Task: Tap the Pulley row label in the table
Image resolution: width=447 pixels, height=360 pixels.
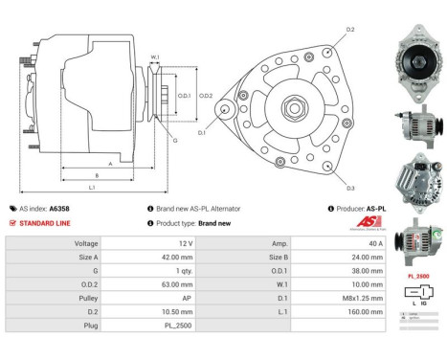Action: (87, 298)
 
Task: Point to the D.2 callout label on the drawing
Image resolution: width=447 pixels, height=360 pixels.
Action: (350, 30)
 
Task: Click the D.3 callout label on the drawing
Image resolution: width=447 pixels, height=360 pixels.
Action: (350, 188)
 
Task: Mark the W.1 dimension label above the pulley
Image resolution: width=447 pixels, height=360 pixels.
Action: (154, 57)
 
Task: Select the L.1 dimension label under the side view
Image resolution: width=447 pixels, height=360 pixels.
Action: (92, 188)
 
